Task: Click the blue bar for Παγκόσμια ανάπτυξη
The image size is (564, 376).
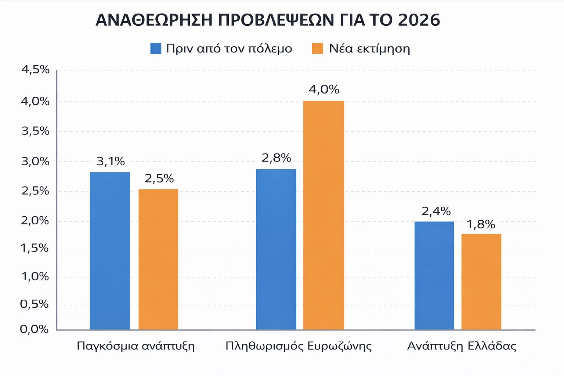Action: coord(110,251)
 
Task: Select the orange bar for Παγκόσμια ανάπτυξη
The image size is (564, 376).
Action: coord(158,259)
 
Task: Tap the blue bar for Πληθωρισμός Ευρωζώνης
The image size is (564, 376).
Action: coord(276,249)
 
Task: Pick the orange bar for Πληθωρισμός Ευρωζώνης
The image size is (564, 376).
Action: coord(323,215)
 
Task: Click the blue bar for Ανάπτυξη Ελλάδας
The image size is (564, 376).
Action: coord(434,275)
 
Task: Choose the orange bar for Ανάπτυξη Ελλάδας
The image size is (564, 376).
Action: coord(481,282)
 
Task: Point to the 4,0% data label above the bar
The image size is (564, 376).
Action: coord(324,90)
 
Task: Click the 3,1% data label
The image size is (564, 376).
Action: coord(111,161)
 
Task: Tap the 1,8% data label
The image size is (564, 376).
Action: coord(481,224)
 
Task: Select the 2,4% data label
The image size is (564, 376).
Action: coord(436,211)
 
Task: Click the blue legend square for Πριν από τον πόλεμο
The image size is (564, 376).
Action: coord(156,48)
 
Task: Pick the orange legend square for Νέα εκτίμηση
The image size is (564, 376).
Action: coord(317,48)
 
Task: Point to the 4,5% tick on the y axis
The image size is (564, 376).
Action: coord(35,69)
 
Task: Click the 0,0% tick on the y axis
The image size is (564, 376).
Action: coord(34,329)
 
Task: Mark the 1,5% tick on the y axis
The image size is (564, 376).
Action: coord(35,249)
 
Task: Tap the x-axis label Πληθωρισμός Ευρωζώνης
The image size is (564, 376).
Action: coord(299,346)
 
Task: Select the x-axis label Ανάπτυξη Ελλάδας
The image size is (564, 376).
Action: coord(462,346)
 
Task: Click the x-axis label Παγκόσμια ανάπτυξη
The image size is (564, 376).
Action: coord(135,346)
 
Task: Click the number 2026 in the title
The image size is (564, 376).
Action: coord(419,20)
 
